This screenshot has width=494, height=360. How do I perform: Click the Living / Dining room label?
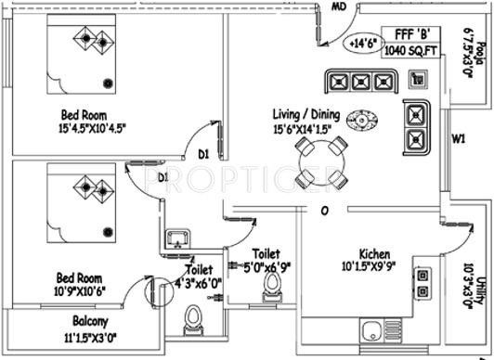(305, 114)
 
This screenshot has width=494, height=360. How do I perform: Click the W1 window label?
(457, 140)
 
